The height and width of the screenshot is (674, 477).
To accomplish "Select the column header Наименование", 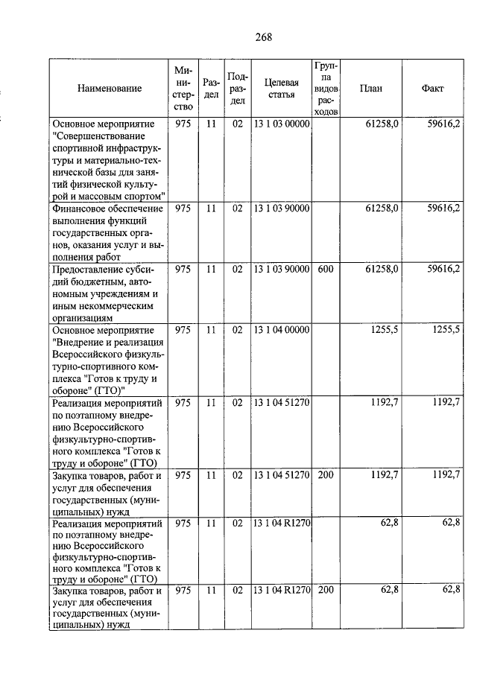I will tap(109, 88).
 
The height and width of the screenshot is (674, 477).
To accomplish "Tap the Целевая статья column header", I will tap(281, 88).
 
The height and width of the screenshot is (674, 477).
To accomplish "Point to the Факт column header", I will tap(432, 88).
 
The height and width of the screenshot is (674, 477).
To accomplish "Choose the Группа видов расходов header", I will tap(326, 88).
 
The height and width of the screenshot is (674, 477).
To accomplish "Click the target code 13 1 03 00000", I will tap(281, 124).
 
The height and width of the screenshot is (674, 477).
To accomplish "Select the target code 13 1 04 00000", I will tap(281, 329).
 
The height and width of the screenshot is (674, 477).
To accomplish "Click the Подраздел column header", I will tap(237, 88).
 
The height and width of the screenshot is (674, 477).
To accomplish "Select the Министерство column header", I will tap(183, 88).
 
